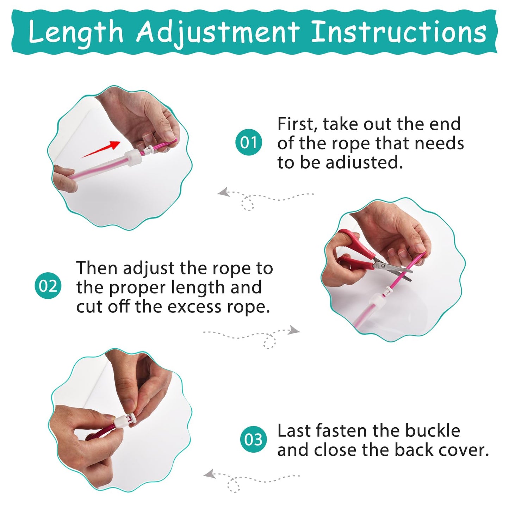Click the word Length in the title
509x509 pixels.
[x=76, y=32]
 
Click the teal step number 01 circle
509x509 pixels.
[x=249, y=143]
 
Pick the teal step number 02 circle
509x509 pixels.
[x=48, y=286]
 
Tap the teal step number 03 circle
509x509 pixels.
[x=253, y=440]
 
